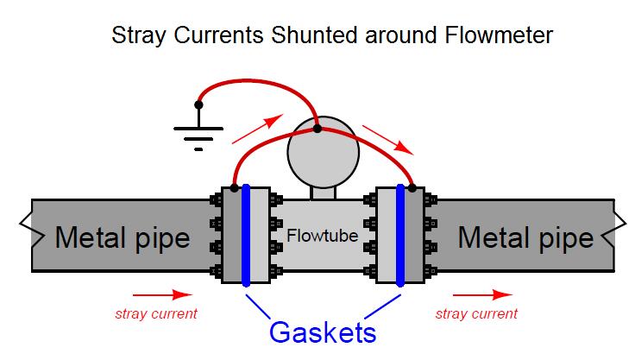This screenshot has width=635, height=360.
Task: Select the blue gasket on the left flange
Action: pyautogui.click(x=246, y=235)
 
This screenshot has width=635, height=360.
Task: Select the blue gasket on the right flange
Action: pyautogui.click(x=401, y=235)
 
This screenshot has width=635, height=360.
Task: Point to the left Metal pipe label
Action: pyautogui.click(x=123, y=237)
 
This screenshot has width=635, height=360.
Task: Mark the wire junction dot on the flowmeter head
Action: pyautogui.click(x=317, y=129)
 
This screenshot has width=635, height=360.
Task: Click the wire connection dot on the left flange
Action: pyautogui.click(x=233, y=187)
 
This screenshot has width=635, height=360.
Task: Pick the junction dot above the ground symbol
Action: pyautogui.click(x=198, y=104)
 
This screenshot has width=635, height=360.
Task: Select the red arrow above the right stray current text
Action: pyautogui.click(x=493, y=294)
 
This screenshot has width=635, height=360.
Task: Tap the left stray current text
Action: pyautogui.click(x=156, y=313)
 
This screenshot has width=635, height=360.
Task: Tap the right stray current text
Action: pyautogui.click(x=477, y=313)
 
